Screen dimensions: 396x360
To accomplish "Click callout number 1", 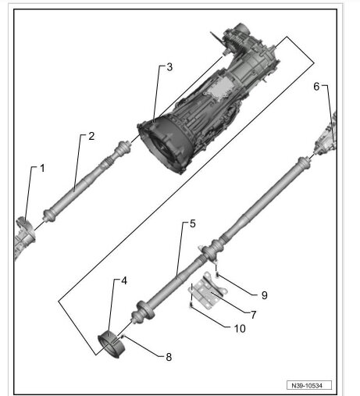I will point(43,169).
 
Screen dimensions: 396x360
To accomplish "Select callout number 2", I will point(91,136).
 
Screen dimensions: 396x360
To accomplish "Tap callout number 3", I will point(169,67).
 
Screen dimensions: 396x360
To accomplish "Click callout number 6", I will point(317,87).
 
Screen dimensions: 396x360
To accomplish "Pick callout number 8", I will point(167,356).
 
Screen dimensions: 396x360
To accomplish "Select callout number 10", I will point(240,328).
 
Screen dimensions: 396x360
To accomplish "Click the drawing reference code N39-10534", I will point(308,385).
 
